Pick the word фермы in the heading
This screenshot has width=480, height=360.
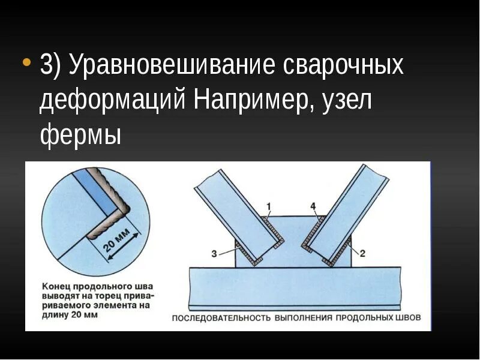(x=80, y=134)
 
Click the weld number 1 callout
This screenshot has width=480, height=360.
(x=269, y=206)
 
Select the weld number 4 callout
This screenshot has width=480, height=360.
(x=314, y=206)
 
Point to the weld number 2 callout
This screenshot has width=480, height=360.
(x=362, y=253)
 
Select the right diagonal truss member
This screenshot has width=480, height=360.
(x=349, y=207)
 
